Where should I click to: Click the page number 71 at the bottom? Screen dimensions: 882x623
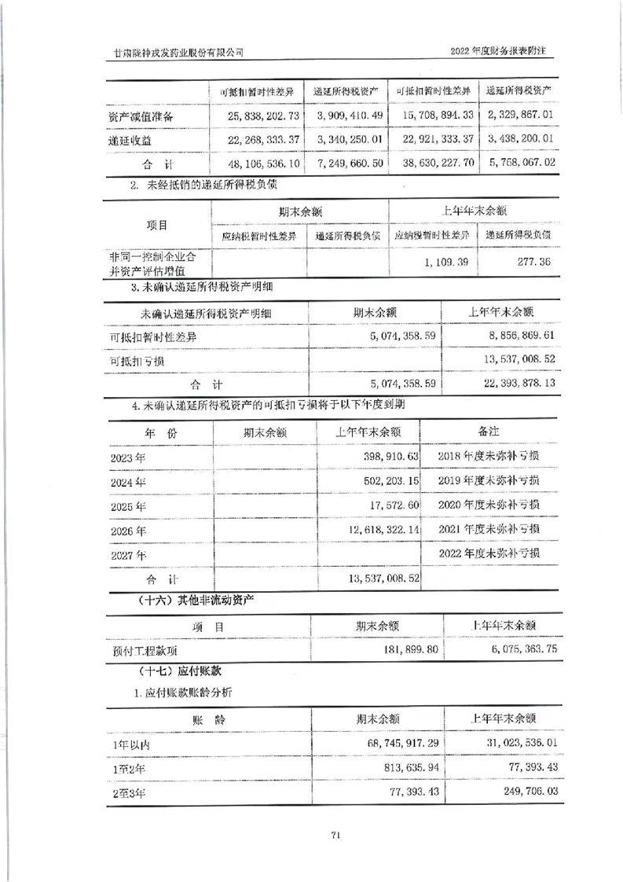coord(335,835)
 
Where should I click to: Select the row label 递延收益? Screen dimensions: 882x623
coord(130,140)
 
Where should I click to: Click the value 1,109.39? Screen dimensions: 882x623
coord(446,261)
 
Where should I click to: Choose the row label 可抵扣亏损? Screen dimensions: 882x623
coord(137,361)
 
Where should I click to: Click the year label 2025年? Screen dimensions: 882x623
coord(129,505)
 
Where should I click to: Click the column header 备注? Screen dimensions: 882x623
coord(489,432)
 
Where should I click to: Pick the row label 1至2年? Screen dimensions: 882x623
coord(129,767)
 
